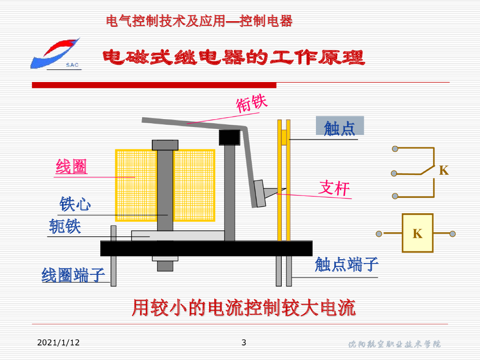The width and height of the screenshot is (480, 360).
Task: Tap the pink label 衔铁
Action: pyautogui.click(x=252, y=104)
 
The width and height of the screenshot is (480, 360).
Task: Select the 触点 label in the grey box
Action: pyautogui.click(x=339, y=127)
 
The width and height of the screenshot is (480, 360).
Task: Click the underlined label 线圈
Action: pyautogui.click(x=72, y=167)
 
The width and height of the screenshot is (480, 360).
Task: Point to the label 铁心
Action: pyautogui.click(x=75, y=204)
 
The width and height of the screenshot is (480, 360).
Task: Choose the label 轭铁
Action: pyautogui.click(x=65, y=227)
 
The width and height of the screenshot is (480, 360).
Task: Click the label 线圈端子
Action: pyautogui.click(x=73, y=275)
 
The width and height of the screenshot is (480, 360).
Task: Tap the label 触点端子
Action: pyautogui.click(x=346, y=265)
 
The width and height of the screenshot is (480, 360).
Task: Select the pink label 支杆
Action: pyautogui.click(x=335, y=188)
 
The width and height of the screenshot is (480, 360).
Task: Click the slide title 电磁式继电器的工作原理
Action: pyautogui.click(x=233, y=58)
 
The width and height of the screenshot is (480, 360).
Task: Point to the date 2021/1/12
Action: pyautogui.click(x=59, y=343)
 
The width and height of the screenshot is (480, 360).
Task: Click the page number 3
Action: pyautogui.click(x=243, y=342)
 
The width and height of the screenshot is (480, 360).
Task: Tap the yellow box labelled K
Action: pyautogui.click(x=417, y=233)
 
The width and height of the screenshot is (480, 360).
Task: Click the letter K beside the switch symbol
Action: pyautogui.click(x=443, y=171)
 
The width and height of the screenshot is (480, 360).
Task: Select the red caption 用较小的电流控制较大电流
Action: pyautogui.click(x=243, y=308)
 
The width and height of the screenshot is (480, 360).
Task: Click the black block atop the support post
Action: pyautogui.click(x=230, y=137)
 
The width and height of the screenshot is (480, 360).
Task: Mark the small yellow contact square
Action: pyautogui.click(x=284, y=138)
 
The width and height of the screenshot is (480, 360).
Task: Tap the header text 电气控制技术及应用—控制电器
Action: pyautogui.click(x=200, y=21)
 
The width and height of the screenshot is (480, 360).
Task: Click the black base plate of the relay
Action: pyautogui.click(x=206, y=248)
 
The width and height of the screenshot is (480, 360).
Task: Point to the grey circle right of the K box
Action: pyautogui.click(x=452, y=233)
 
